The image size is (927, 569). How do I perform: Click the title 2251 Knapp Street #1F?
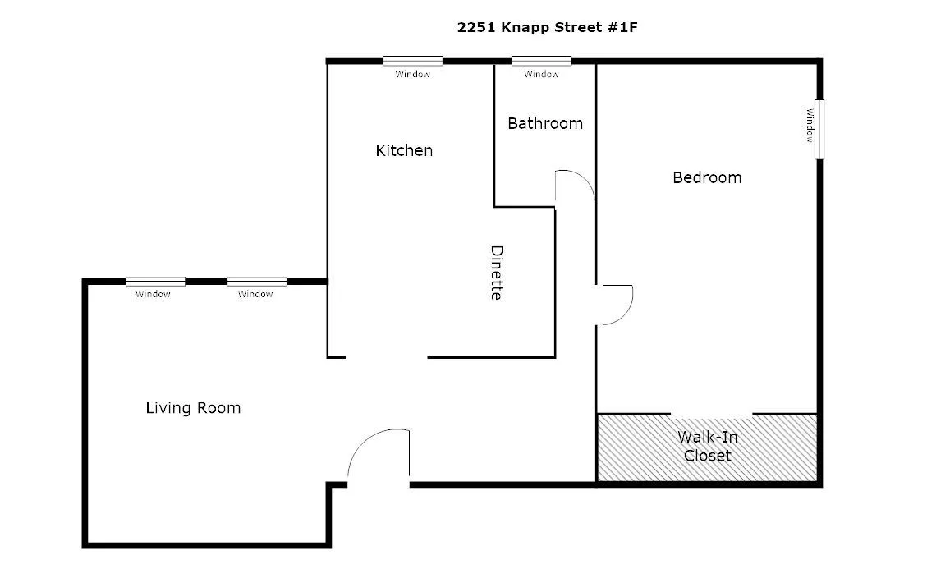pos(547,27)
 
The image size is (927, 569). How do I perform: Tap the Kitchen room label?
pos(404,150)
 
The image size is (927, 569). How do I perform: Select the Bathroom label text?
pos(545,123)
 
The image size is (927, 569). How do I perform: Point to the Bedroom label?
pos(707,177)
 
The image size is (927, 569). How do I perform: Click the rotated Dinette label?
pos(496,273)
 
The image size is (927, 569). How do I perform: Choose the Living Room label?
pos(193,408)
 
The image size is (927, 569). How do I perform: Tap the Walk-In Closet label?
pos(707,446)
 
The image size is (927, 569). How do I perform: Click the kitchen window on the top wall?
pos(412,61)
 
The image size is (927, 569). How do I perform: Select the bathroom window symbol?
pos(541,61)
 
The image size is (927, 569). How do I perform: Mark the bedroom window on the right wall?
pos(819,129)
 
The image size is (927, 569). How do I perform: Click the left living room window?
pos(155,282)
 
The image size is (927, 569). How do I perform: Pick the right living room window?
pos(257,282)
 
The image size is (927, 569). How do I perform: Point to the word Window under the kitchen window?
pos(412,75)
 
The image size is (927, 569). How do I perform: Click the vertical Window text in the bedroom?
pos(809,124)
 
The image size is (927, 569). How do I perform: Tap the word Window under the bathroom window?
pos(541,75)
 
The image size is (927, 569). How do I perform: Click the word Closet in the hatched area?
pos(707,455)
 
